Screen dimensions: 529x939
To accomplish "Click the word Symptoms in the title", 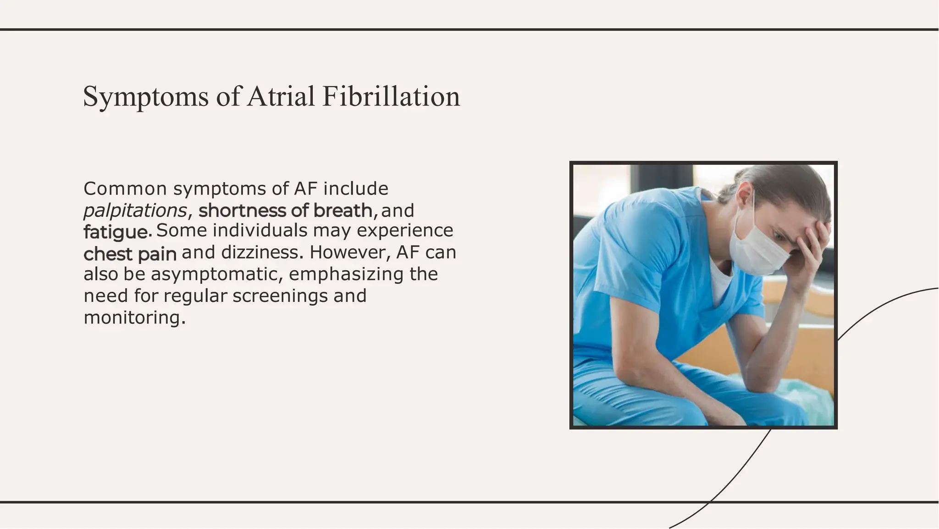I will coord(145,97).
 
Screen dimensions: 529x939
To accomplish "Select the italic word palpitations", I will coord(135,211).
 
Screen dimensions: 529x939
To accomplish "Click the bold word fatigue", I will coord(117,232).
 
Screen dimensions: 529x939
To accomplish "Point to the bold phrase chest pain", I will coord(130,254).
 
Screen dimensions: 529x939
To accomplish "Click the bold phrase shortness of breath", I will coord(285,211).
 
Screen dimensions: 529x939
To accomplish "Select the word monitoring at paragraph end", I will coord(134,317).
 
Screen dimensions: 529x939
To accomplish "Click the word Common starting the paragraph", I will coord(125,189).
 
